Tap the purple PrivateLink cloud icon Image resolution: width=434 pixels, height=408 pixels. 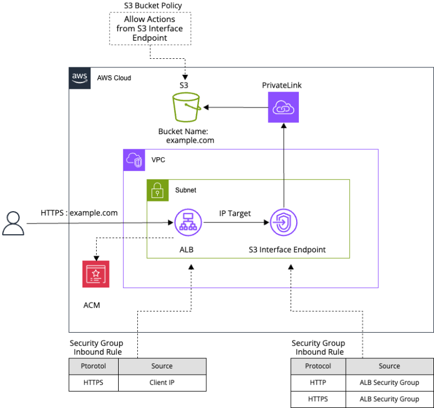click(x=283, y=108)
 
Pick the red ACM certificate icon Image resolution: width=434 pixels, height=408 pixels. click(x=96, y=274)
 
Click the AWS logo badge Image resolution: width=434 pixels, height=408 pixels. click(x=80, y=78)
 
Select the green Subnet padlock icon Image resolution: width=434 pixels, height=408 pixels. click(x=158, y=191)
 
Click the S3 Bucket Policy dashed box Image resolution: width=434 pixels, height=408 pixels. click(x=150, y=28)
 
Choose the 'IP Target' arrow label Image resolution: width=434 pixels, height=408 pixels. click(x=235, y=213)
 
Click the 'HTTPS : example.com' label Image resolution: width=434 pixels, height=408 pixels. click(x=79, y=213)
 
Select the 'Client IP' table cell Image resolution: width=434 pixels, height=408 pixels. click(x=162, y=383)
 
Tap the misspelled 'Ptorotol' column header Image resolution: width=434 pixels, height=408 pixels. click(x=93, y=366)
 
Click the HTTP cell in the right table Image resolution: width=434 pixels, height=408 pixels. click(x=318, y=383)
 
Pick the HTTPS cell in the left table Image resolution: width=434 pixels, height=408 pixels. click(x=93, y=383)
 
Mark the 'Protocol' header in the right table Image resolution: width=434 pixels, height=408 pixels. click(x=318, y=366)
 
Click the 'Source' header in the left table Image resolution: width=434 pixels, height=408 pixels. click(x=162, y=366)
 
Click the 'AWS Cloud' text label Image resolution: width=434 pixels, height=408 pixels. click(x=114, y=78)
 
